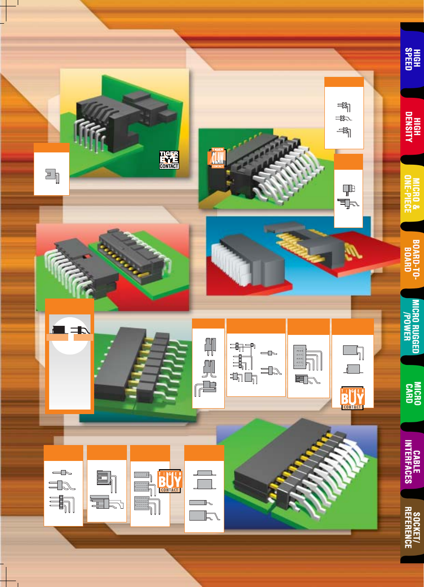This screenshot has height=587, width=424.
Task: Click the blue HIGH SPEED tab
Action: pyautogui.click(x=412, y=59)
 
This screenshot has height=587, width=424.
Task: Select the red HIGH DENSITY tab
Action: pyautogui.click(x=412, y=127)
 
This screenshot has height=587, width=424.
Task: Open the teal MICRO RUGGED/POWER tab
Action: pyautogui.click(x=411, y=326)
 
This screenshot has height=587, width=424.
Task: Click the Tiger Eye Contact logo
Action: pyautogui.click(x=169, y=160)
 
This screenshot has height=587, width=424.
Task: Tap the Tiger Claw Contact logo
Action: pyautogui.click(x=217, y=158)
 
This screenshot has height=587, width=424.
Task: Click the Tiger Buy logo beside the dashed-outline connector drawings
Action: pyautogui.click(x=170, y=481)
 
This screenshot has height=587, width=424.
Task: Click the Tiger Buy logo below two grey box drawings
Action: pyautogui.click(x=353, y=398)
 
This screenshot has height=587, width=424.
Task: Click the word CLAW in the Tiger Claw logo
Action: pyautogui.click(x=218, y=158)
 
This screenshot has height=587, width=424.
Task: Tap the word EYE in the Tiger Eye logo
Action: pyautogui.click(x=169, y=160)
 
